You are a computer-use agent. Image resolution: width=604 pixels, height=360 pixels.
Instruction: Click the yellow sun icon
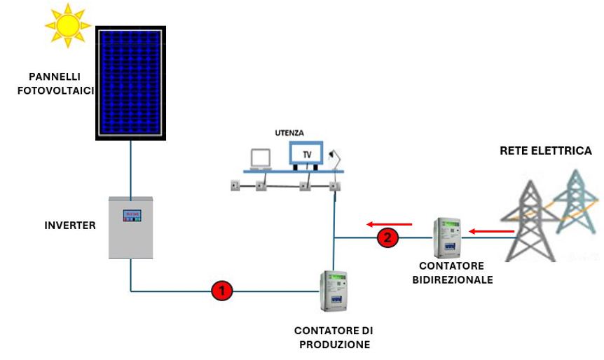(x=68, y=25)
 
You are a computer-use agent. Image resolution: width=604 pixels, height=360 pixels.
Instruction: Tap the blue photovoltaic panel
(x=130, y=82)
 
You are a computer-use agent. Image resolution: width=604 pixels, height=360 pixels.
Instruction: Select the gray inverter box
(x=130, y=227)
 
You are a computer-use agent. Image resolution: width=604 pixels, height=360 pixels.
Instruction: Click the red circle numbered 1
(x=221, y=290)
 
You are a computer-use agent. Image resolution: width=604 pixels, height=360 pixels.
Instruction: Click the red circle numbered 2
(x=386, y=238)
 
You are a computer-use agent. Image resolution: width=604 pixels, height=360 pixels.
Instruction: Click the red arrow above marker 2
(x=389, y=224)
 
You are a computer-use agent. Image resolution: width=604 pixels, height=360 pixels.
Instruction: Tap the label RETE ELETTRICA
(x=545, y=151)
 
